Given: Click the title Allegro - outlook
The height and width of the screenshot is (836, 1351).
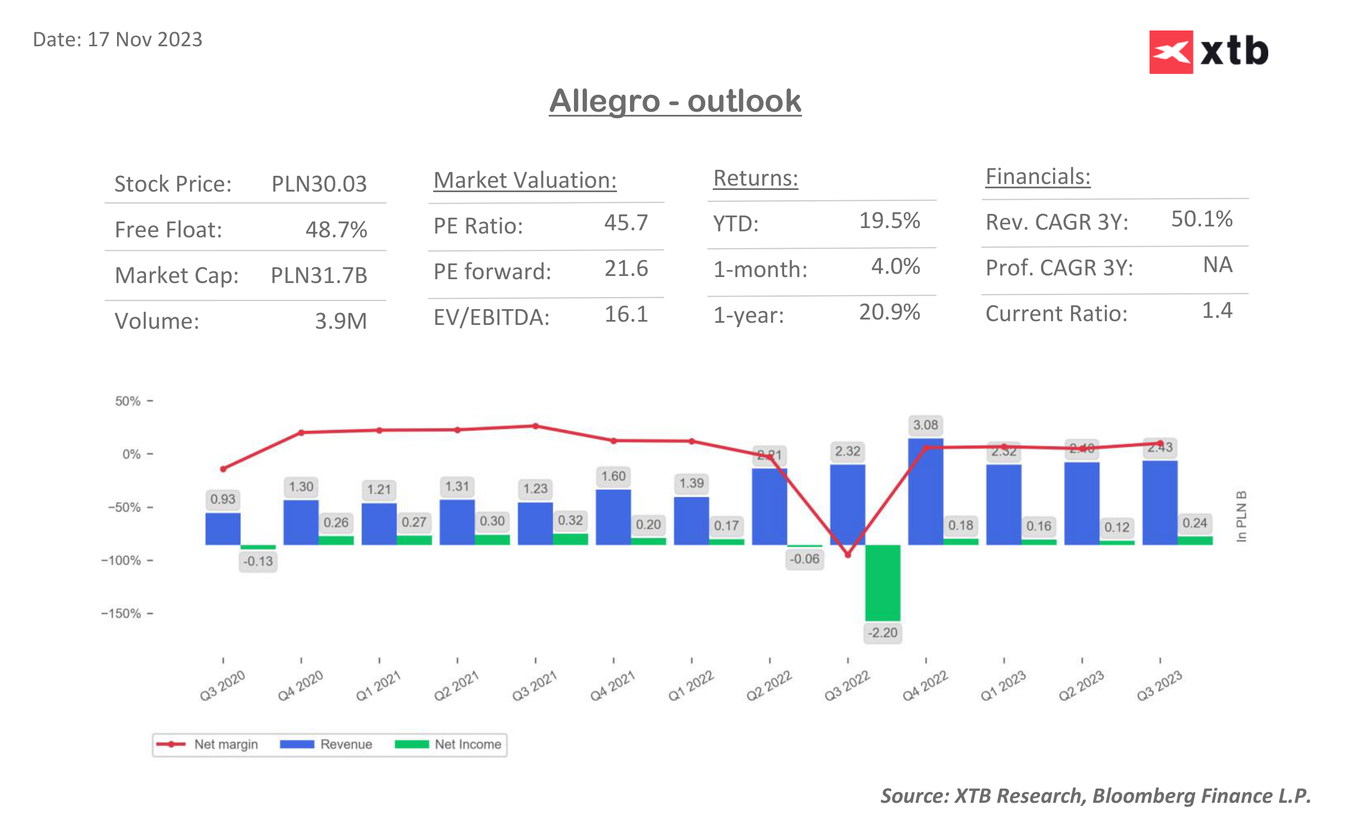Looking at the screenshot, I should [675, 101].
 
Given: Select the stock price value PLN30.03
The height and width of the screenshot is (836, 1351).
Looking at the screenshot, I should [319, 184].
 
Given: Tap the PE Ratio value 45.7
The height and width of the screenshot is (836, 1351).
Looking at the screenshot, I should [626, 223].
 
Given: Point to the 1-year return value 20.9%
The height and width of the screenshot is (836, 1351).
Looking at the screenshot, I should [889, 312].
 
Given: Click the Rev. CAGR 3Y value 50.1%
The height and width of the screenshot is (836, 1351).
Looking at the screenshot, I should [1201, 219].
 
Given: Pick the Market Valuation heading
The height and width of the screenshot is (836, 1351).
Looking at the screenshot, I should [524, 181].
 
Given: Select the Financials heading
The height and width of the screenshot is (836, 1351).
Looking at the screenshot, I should [1037, 177].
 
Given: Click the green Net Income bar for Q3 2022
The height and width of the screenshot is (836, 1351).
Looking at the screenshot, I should [882, 582].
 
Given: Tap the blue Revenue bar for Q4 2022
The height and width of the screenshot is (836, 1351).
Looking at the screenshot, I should [925, 492].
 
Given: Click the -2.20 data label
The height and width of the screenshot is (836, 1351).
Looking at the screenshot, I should [882, 632].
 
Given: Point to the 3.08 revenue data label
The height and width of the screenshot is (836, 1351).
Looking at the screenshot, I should [925, 425].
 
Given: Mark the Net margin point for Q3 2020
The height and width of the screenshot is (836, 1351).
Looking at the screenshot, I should [223, 469].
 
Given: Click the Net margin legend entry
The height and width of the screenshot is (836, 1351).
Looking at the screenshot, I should [207, 744].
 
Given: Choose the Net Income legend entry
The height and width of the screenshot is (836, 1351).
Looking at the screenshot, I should [449, 744].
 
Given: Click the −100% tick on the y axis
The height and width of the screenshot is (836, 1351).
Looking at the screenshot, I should [121, 561].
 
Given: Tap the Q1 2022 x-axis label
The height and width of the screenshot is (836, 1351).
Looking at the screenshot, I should [690, 686].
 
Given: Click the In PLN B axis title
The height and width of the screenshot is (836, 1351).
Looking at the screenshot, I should [1241, 516].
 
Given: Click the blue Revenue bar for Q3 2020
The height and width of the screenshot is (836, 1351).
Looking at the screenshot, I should [223, 528].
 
